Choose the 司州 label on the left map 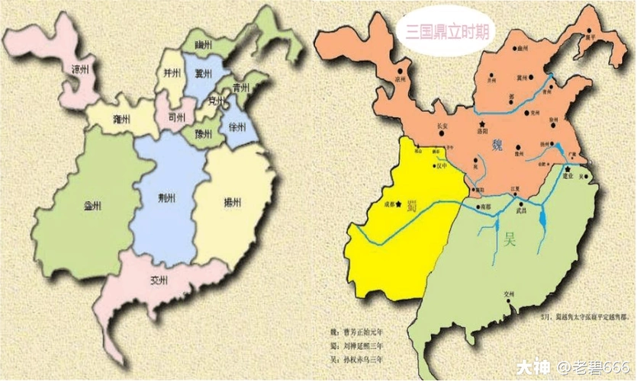[x=175, y=118]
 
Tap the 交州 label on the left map [x=159, y=279]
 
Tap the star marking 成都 [x=398, y=203]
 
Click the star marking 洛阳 [x=481, y=124]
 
